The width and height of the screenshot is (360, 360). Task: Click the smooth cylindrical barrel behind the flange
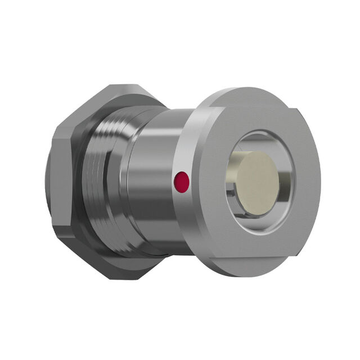[x=152, y=180]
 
